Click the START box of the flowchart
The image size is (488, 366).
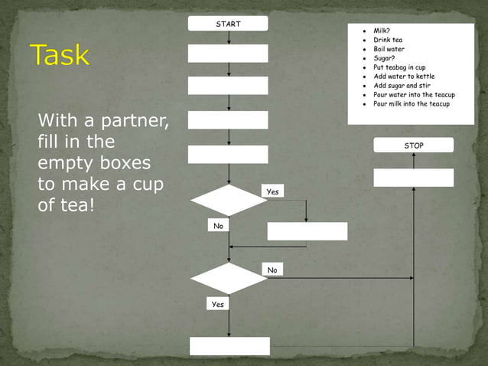coord(228,24)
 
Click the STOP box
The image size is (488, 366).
coord(413,145)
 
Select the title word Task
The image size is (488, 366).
coord(60,55)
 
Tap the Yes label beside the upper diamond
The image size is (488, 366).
coord(272,191)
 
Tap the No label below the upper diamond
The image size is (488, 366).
coord(219,226)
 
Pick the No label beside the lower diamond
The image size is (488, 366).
coord(272,270)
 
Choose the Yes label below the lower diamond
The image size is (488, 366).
coord(218,304)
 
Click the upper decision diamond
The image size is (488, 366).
coord(228,201)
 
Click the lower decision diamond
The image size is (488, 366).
coord(228,278)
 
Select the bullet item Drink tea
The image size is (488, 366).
coord(389,39)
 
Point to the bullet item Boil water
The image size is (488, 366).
coord(389,48)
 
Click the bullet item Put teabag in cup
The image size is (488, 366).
coord(399,67)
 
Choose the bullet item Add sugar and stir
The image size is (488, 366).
coord(401,85)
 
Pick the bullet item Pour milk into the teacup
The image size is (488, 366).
coord(412,103)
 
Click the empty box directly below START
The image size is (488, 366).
coord(228,54)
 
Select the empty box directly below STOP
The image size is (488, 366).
coord(413,178)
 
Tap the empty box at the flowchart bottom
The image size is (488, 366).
coord(229,346)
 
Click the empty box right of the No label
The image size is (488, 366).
coord(307,231)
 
